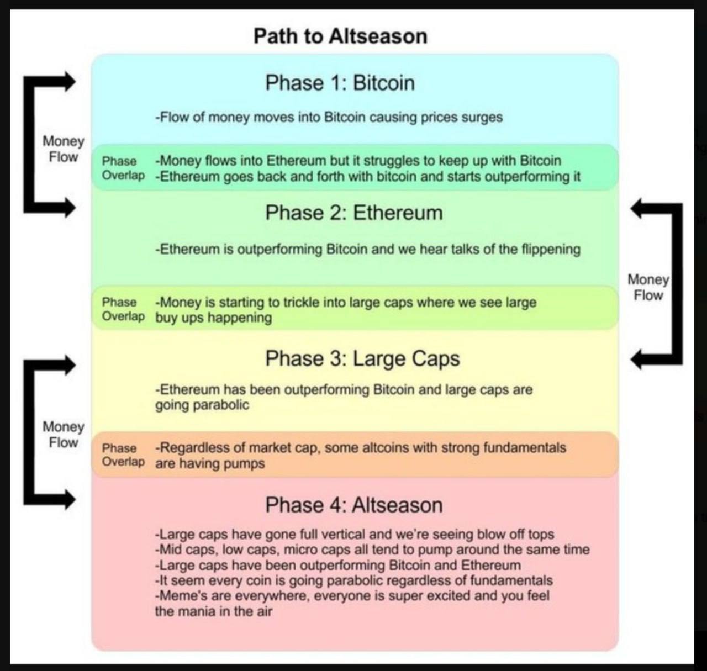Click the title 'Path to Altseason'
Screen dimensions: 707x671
coord(341,36)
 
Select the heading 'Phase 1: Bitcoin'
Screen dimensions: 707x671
coord(340,83)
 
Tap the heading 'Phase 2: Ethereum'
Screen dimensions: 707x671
coord(354,213)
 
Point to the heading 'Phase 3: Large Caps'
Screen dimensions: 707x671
coord(362,359)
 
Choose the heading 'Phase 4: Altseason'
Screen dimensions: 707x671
coord(354,505)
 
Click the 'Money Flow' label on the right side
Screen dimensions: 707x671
coord(648,287)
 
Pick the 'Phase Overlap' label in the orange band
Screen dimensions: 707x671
coord(123,455)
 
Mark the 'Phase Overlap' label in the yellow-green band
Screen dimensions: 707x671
coord(123,309)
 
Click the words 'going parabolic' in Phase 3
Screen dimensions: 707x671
coord(202,405)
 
